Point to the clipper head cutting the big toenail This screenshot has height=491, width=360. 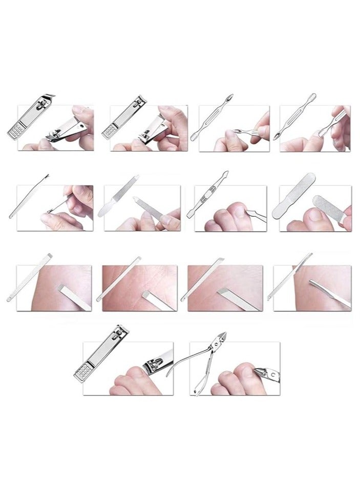point(156,367)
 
